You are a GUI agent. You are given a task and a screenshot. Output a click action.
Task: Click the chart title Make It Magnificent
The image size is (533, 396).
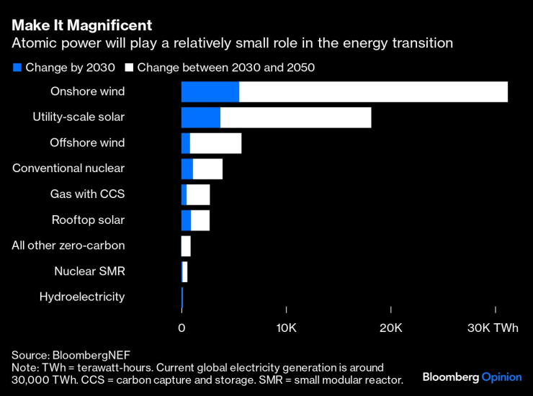pos(81,25)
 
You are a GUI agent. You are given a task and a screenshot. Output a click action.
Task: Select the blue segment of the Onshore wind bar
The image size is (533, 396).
pos(210,92)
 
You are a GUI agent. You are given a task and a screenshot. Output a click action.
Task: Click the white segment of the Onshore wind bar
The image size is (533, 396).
pos(373,92)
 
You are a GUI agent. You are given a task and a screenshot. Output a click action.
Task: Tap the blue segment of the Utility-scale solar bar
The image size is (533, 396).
pos(201,117)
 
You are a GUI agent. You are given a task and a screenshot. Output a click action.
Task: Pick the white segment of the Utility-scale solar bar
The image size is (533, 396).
pos(295,117)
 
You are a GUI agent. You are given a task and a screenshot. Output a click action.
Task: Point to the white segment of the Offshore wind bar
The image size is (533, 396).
pos(215,143)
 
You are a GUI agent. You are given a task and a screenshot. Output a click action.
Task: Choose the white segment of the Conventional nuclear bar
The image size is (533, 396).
pos(207,168)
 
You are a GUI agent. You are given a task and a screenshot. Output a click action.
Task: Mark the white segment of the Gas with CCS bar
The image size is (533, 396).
pos(198,194)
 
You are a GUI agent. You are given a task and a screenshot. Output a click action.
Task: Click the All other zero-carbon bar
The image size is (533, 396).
pos(187,246)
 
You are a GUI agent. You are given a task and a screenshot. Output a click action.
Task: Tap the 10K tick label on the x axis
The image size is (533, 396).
pos(286,328)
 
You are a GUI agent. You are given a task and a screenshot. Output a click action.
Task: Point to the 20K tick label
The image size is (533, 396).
pos(391,328)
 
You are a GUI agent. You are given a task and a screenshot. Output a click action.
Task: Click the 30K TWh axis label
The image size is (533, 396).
pos(493,328)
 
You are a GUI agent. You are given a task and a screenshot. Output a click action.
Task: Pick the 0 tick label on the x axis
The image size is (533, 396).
pos(182,328)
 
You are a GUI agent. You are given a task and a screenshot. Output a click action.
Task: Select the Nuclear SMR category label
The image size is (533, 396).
pos(89,271)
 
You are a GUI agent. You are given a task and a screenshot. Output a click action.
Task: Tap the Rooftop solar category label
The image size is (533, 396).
pos(88,220)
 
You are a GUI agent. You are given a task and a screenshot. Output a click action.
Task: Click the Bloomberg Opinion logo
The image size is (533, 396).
pos(471,377)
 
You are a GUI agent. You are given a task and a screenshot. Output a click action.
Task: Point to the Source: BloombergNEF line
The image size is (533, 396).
pos(61,355)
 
